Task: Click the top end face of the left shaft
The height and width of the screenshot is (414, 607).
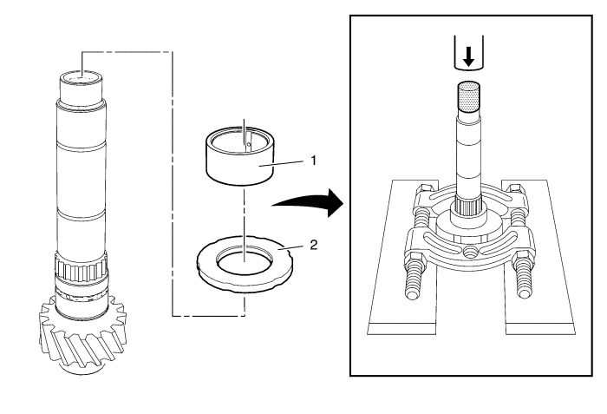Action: click(x=81, y=76)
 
